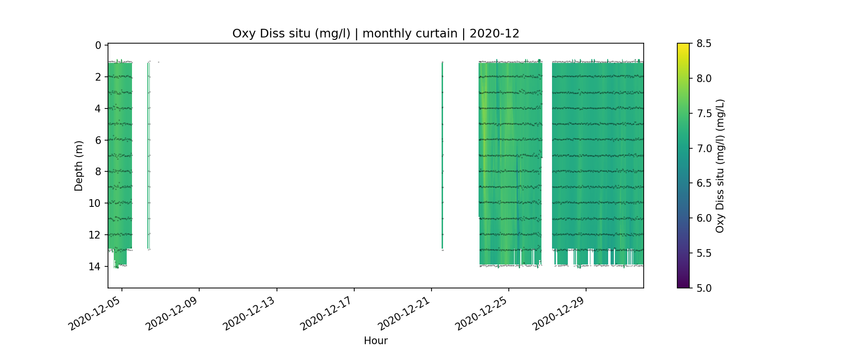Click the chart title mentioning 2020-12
[375, 34]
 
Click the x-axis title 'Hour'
[375, 341]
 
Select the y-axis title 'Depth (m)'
[79, 166]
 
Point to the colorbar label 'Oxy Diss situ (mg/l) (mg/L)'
[720, 166]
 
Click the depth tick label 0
[98, 46]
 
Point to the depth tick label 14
[95, 266]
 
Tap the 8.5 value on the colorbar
[704, 44]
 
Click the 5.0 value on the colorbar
[704, 288]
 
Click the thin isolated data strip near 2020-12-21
[442, 154]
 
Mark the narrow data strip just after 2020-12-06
[148, 154]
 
